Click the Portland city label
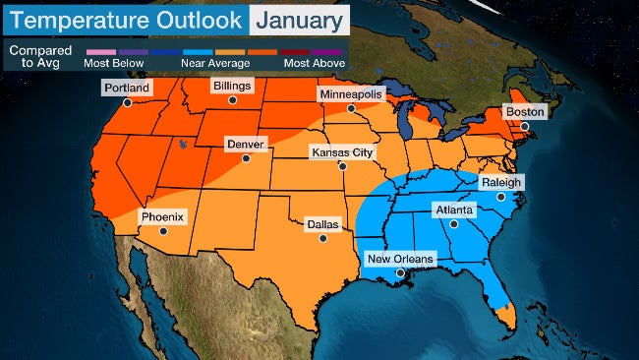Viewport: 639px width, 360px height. [127, 88]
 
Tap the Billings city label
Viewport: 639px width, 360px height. [235, 86]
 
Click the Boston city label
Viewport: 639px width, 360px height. [524, 111]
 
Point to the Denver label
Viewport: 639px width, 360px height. [245, 144]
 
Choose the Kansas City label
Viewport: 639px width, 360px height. [342, 152]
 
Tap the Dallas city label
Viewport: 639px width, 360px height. [322, 224]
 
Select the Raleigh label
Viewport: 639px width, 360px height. [501, 182]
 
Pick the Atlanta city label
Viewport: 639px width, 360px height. [454, 210]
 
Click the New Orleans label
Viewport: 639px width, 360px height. [398, 259]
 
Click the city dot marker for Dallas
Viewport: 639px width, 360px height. [322, 238]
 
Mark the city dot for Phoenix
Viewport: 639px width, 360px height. [163, 231]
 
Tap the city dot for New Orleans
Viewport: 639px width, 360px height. [400, 272]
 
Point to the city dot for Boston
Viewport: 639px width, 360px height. [525, 126]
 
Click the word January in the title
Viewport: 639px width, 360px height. [298, 19]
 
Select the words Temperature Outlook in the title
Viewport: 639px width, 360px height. [125, 19]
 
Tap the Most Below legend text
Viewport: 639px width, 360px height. [117, 62]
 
